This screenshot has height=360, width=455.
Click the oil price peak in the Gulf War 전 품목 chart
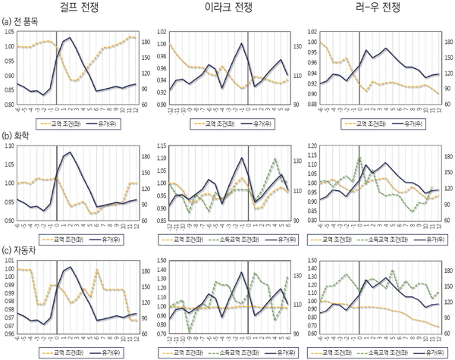(x=70, y=37)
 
